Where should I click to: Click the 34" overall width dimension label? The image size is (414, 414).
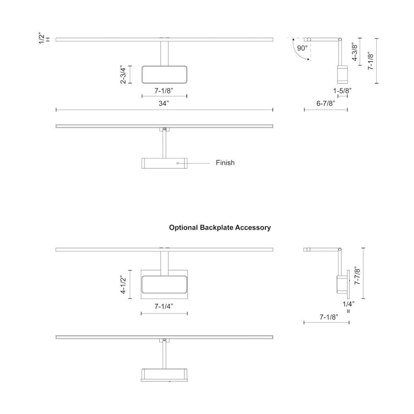(164, 103)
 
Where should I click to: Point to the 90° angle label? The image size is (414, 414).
(302, 48)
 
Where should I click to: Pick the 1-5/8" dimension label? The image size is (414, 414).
(343, 90)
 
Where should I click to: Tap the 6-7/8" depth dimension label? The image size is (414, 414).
(325, 103)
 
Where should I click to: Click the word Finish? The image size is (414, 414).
(225, 163)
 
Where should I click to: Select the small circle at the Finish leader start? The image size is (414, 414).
(178, 163)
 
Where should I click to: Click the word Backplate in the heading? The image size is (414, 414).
(217, 227)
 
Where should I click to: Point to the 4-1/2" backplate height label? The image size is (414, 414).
(123, 284)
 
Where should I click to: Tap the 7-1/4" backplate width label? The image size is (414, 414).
(164, 306)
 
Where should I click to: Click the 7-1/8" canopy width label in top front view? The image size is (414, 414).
(164, 90)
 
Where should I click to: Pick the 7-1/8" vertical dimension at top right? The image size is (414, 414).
(371, 60)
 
